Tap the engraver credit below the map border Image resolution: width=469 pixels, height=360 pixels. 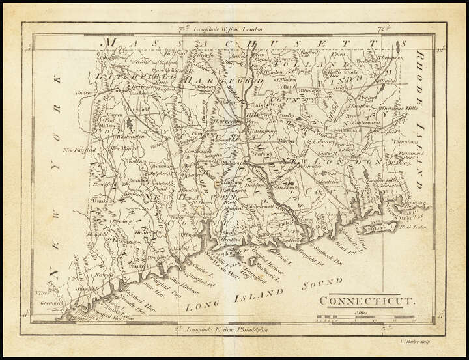(416, 340)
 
